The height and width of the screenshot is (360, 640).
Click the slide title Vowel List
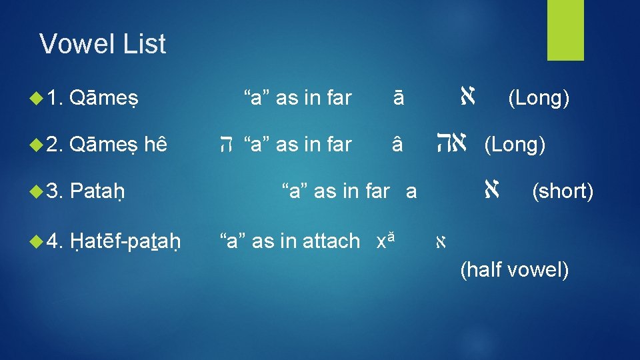click(103, 44)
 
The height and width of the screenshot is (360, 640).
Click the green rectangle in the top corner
click(565, 30)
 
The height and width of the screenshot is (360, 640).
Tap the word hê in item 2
click(155, 145)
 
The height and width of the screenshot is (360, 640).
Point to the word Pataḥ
click(98, 192)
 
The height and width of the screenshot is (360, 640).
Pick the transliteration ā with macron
click(398, 99)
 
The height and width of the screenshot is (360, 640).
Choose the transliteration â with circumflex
click(398, 145)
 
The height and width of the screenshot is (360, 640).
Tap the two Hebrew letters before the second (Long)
click(456, 143)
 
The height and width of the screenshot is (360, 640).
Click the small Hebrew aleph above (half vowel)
click(440, 242)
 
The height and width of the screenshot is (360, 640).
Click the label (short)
click(562, 192)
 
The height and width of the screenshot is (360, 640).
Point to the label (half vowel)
click(514, 270)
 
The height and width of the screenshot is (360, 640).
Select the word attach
click(331, 241)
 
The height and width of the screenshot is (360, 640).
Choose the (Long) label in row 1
click(538, 98)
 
